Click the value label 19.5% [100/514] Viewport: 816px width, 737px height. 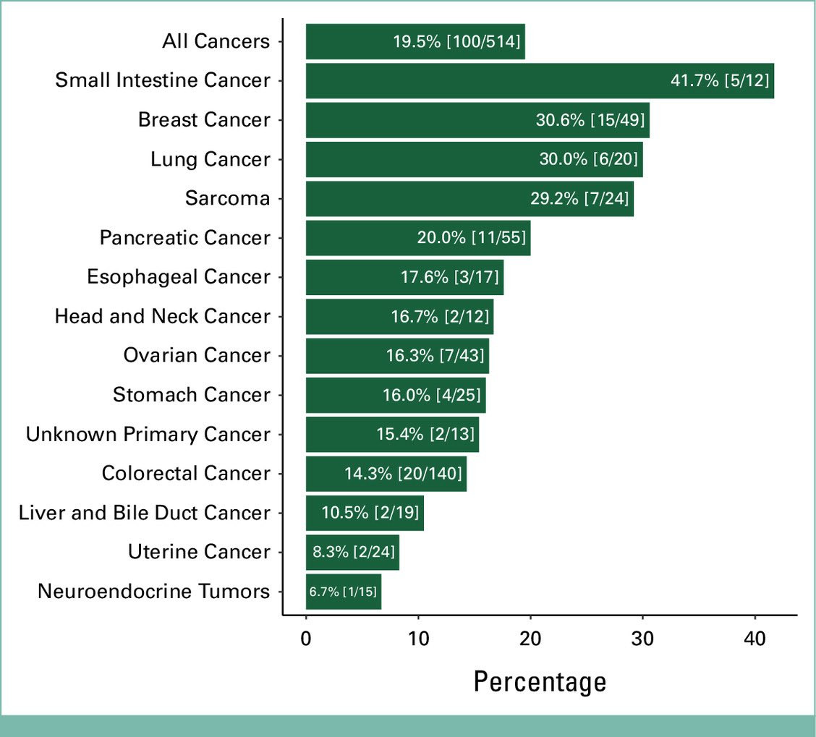click(456, 41)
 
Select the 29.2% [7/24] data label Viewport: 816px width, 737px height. click(579, 199)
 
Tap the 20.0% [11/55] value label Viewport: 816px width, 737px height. click(471, 238)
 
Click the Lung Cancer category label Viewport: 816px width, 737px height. click(211, 159)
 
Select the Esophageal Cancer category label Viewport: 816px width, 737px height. click(179, 277)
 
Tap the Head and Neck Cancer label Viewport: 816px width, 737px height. click(163, 316)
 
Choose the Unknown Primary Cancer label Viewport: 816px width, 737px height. click(148, 434)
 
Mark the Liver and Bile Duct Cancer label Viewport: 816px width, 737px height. click(145, 513)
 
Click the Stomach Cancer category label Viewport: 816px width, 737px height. click(192, 395)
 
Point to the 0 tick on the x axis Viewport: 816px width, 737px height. click(306, 639)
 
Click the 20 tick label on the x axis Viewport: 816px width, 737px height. click(530, 639)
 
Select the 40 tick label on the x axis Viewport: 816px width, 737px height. click(755, 639)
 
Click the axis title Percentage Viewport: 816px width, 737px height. click(540, 681)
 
